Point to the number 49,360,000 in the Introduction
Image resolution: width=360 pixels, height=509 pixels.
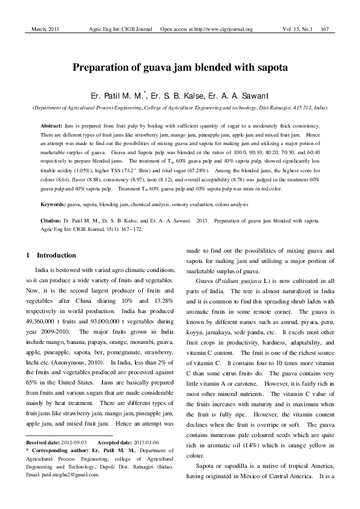44,315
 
